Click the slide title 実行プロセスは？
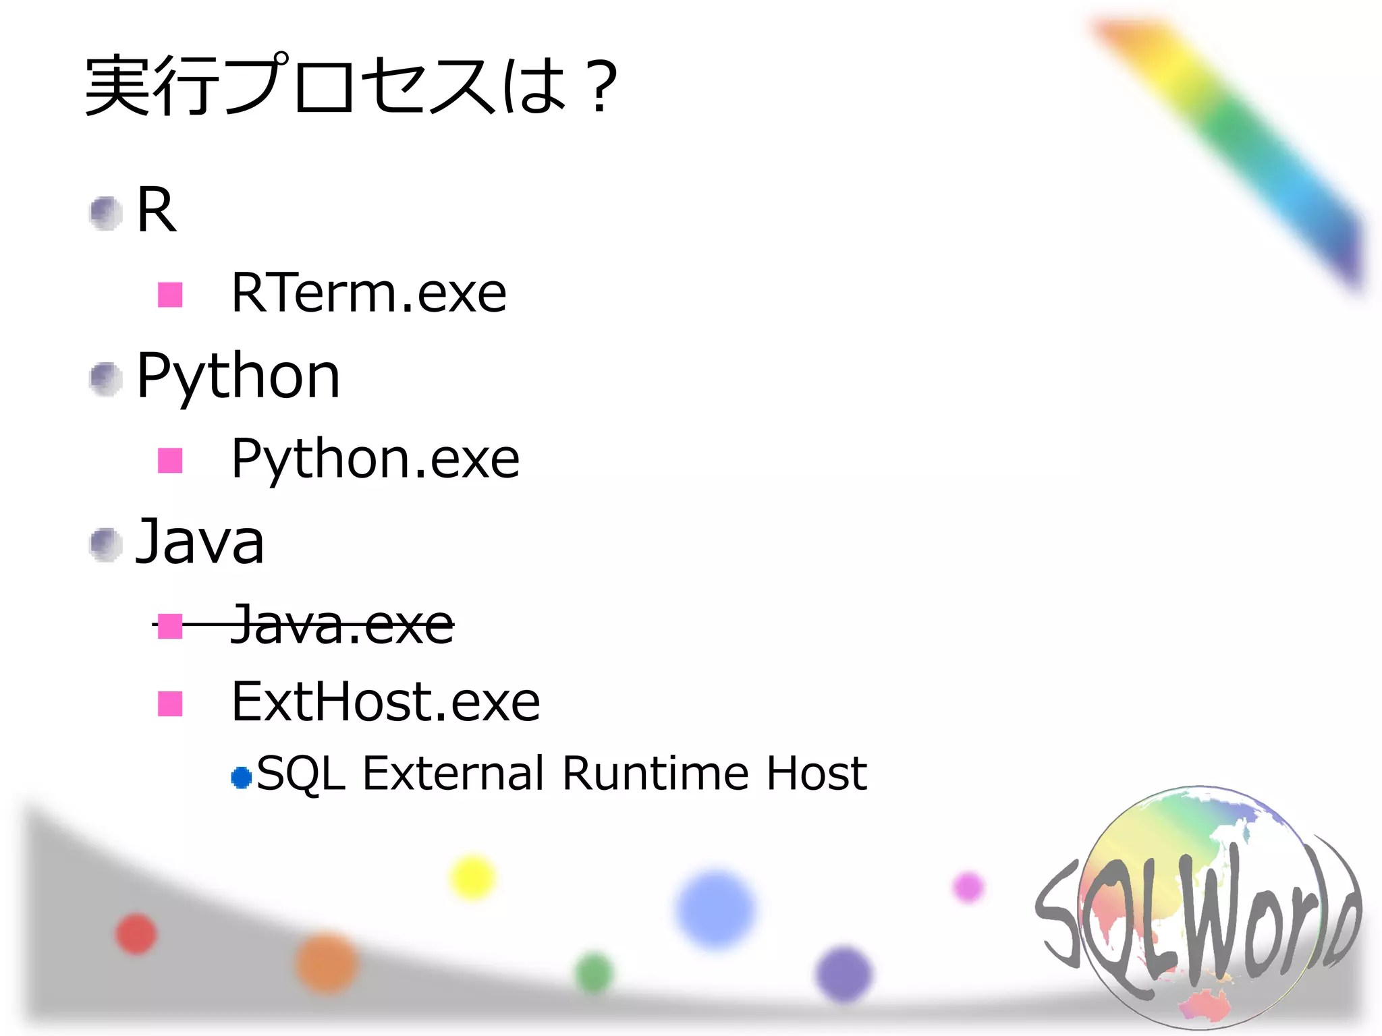pos(351,86)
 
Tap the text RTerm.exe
pos(368,293)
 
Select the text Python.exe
pos(375,459)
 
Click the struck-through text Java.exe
pos(341,625)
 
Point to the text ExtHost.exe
pos(385,703)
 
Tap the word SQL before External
pos(301,774)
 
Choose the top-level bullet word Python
pos(238,378)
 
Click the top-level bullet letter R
pos(157,210)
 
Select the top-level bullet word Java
pos(200,542)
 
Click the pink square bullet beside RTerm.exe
pos(170,295)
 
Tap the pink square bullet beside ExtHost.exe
pos(170,703)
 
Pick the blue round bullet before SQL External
pos(241,778)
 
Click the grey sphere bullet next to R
pos(106,213)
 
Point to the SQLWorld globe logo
pos(1198,907)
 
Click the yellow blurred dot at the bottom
pos(472,877)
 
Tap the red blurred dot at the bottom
pos(136,934)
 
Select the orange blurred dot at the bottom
pos(327,963)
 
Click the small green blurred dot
pos(594,973)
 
